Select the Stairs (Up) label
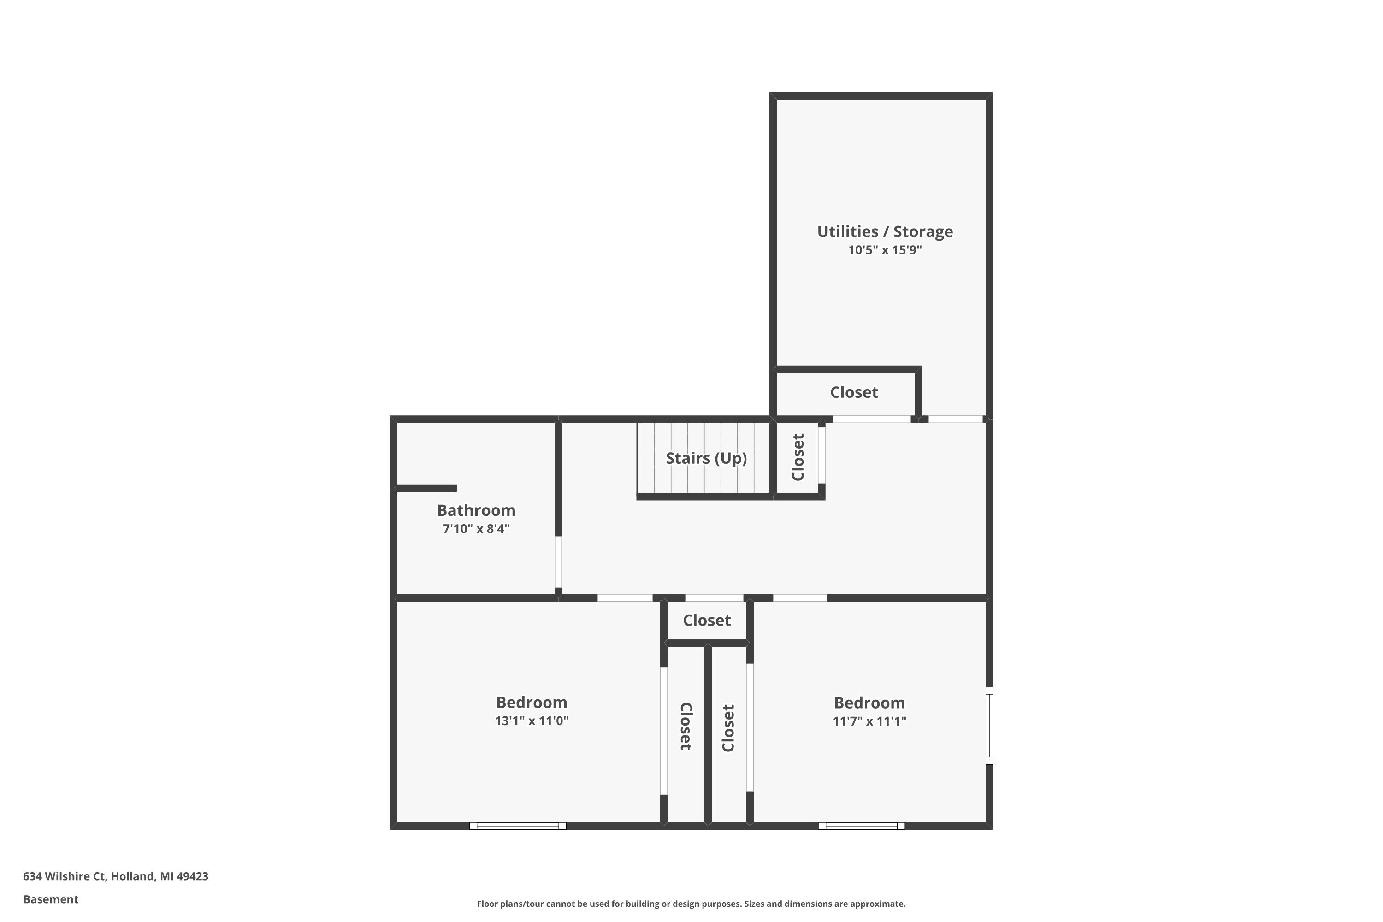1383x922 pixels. pos(706,458)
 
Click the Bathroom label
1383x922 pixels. pos(476,510)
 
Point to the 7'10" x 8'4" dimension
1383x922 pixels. pos(476,529)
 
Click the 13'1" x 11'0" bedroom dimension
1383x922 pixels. pos(531,721)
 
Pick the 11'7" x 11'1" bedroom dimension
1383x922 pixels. pos(869,721)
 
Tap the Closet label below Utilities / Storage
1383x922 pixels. pos(854,392)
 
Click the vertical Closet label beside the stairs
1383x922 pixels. pos(798,457)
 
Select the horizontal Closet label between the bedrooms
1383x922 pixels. pos(706,621)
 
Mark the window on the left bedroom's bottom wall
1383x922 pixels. pos(517,826)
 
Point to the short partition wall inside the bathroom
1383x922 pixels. pos(426,488)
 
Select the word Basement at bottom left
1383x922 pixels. pos(51,899)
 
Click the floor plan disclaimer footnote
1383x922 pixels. pos(691,904)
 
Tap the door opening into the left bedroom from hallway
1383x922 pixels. pos(625,598)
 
